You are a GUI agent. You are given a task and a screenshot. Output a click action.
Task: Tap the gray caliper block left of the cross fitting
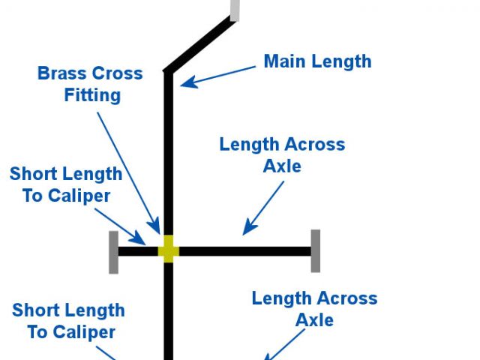click(x=113, y=252)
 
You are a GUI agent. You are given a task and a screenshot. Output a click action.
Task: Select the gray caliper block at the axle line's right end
click(x=316, y=251)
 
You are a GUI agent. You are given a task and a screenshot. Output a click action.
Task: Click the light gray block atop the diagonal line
click(x=235, y=10)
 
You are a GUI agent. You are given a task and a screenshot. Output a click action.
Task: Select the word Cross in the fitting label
click(x=118, y=73)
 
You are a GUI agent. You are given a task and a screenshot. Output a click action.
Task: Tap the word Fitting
click(x=92, y=95)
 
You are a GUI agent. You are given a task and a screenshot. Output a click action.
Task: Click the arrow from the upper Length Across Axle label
click(x=264, y=206)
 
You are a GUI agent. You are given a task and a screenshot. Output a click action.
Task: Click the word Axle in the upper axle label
click(x=282, y=166)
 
